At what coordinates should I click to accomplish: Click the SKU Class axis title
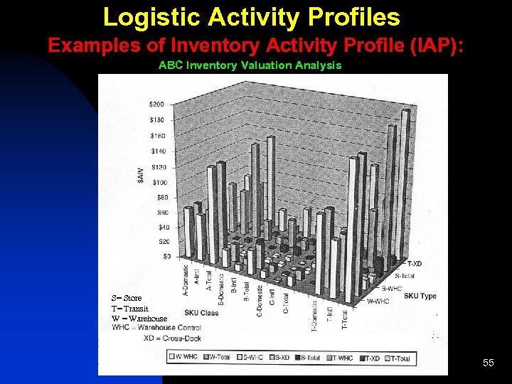pos(201,313)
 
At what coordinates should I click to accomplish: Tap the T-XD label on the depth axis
pos(412,264)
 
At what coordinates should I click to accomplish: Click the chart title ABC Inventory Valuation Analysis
pos(250,65)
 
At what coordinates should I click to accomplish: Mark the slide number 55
pos(488,363)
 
